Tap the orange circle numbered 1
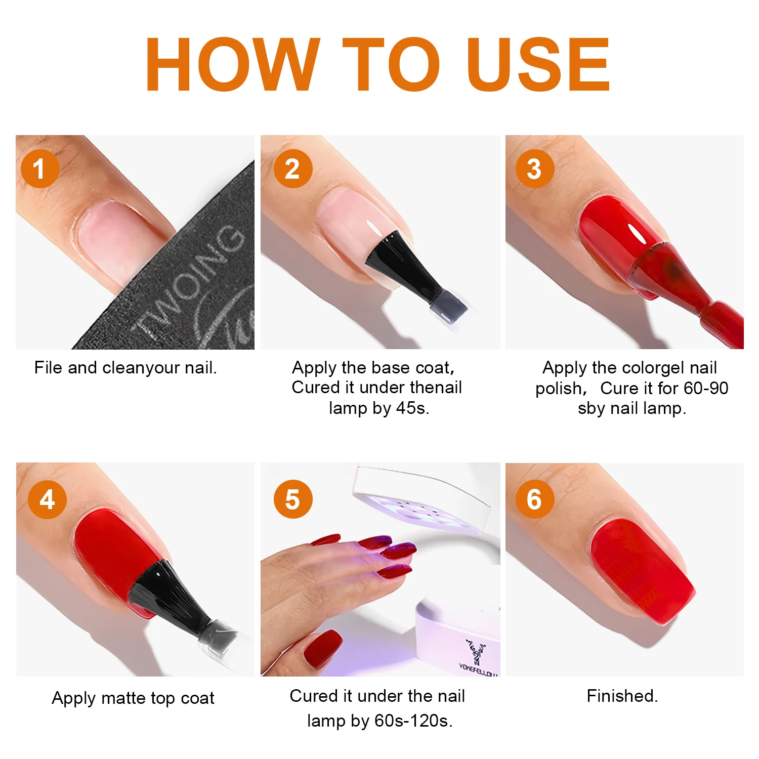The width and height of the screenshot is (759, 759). (40, 168)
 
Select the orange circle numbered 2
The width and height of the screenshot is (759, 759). (293, 168)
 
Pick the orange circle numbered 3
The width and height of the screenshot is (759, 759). (534, 168)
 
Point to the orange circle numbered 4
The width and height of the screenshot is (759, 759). (47, 499)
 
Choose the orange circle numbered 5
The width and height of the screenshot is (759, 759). (293, 499)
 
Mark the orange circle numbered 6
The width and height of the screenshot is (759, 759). (534, 499)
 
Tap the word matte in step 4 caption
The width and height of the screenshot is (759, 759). (123, 698)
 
